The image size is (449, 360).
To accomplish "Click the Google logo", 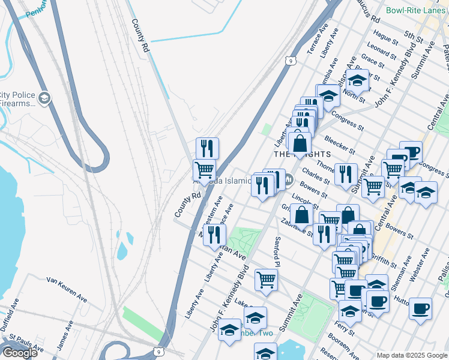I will pyautogui.click(x=20, y=353).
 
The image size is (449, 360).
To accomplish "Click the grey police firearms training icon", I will pyautogui.click(x=44, y=98).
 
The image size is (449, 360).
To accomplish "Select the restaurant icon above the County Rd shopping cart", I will pyautogui.click(x=207, y=148).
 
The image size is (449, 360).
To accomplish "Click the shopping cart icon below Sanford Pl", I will pyautogui.click(x=266, y=278).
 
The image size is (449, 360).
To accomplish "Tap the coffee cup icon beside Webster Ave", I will pyautogui.click(x=420, y=308).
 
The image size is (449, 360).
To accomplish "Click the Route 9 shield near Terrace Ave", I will pyautogui.click(x=291, y=61).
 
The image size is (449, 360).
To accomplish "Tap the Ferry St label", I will pyautogui.click(x=345, y=329).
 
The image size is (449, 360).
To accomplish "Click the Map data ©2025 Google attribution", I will pyautogui.click(x=411, y=355).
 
